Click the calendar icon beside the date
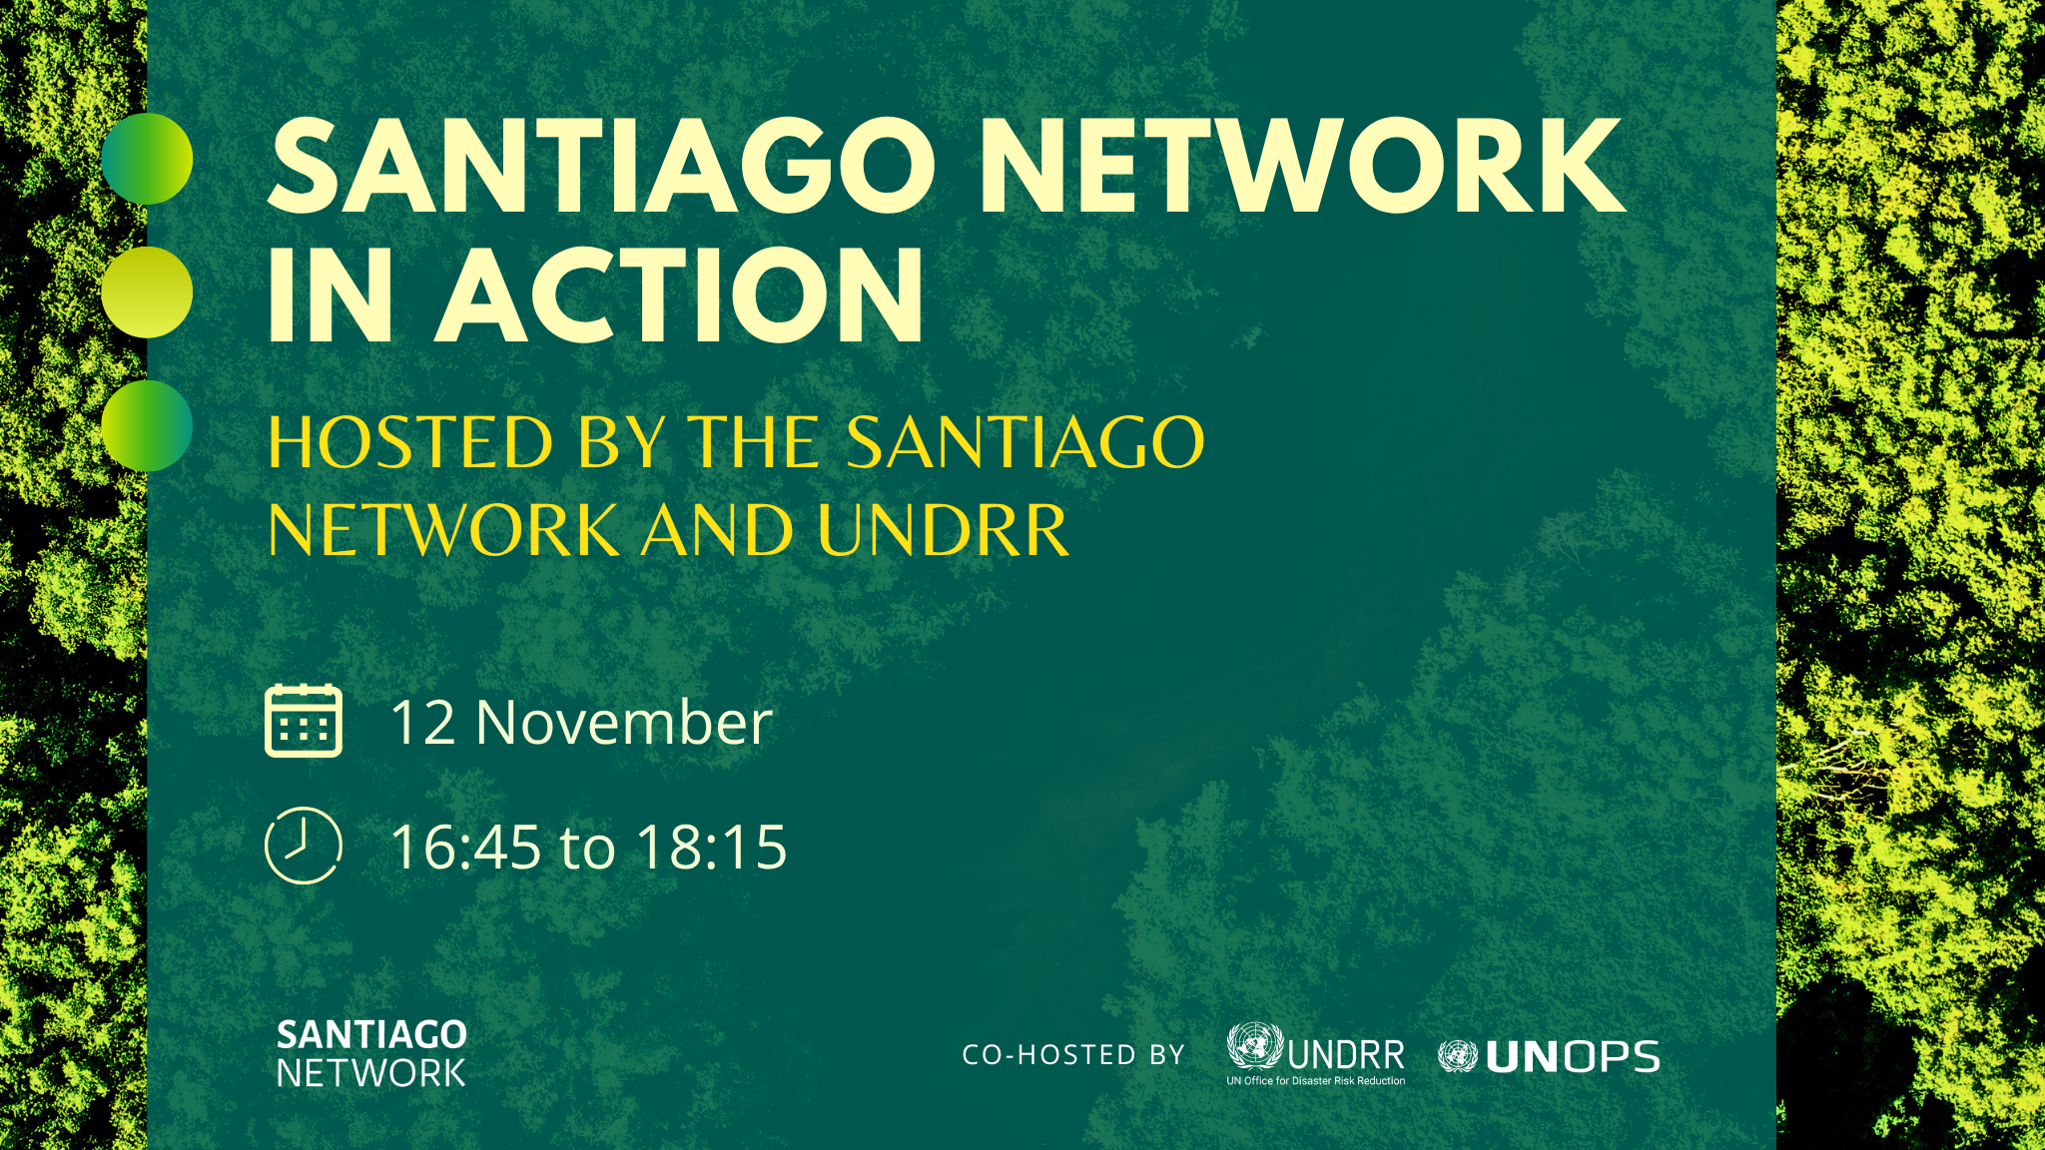point(304,721)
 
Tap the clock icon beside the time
point(304,846)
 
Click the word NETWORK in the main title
point(1302,167)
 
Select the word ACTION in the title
point(682,295)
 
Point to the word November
point(624,722)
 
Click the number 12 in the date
point(422,723)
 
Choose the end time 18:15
point(712,848)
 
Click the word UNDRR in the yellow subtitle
point(943,530)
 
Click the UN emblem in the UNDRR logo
point(1255,1047)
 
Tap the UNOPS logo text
point(1573,1057)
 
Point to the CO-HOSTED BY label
point(1073,1055)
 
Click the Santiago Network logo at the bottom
point(371,1053)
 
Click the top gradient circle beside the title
point(147,159)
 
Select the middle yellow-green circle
point(147,292)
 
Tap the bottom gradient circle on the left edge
point(147,425)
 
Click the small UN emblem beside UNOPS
point(1458,1056)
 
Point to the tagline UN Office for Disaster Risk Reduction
point(1316,1080)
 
